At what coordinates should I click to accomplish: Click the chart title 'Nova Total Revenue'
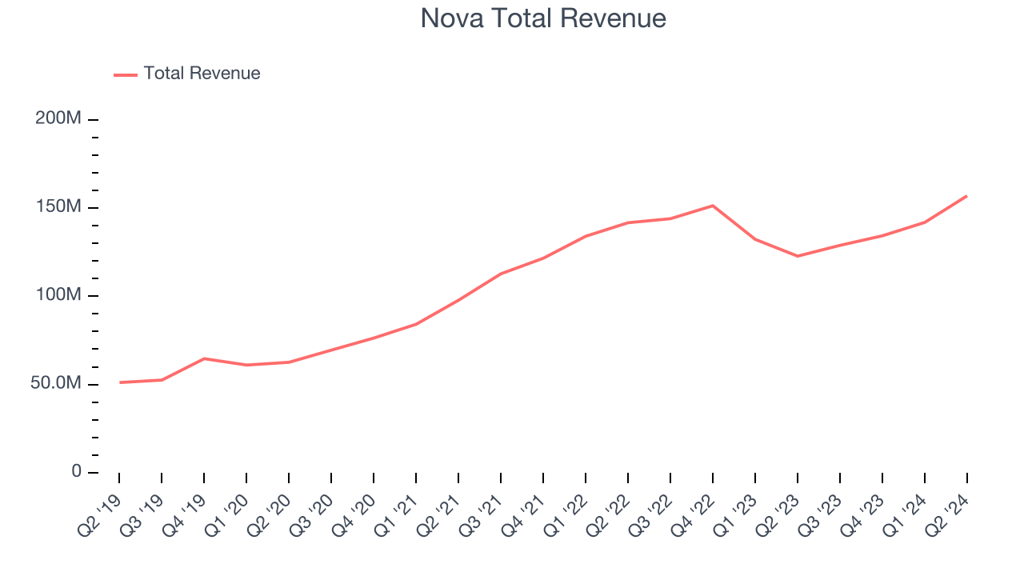[x=543, y=18]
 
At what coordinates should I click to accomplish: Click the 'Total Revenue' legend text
[x=202, y=74]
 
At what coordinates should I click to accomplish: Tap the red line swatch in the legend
[x=126, y=74]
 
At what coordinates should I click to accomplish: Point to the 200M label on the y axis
[x=58, y=118]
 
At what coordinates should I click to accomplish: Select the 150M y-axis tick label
[x=58, y=207]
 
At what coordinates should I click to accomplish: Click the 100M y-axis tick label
[x=58, y=295]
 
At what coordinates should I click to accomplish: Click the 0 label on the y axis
[x=77, y=472]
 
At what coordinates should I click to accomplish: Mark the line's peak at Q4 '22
[x=713, y=206]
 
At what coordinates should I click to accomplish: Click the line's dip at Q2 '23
[x=798, y=256]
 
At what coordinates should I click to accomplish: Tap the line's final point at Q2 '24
[x=966, y=196]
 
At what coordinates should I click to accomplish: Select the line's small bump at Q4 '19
[x=204, y=358]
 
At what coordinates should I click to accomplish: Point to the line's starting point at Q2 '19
[x=120, y=382]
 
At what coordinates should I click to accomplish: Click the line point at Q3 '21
[x=501, y=274]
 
